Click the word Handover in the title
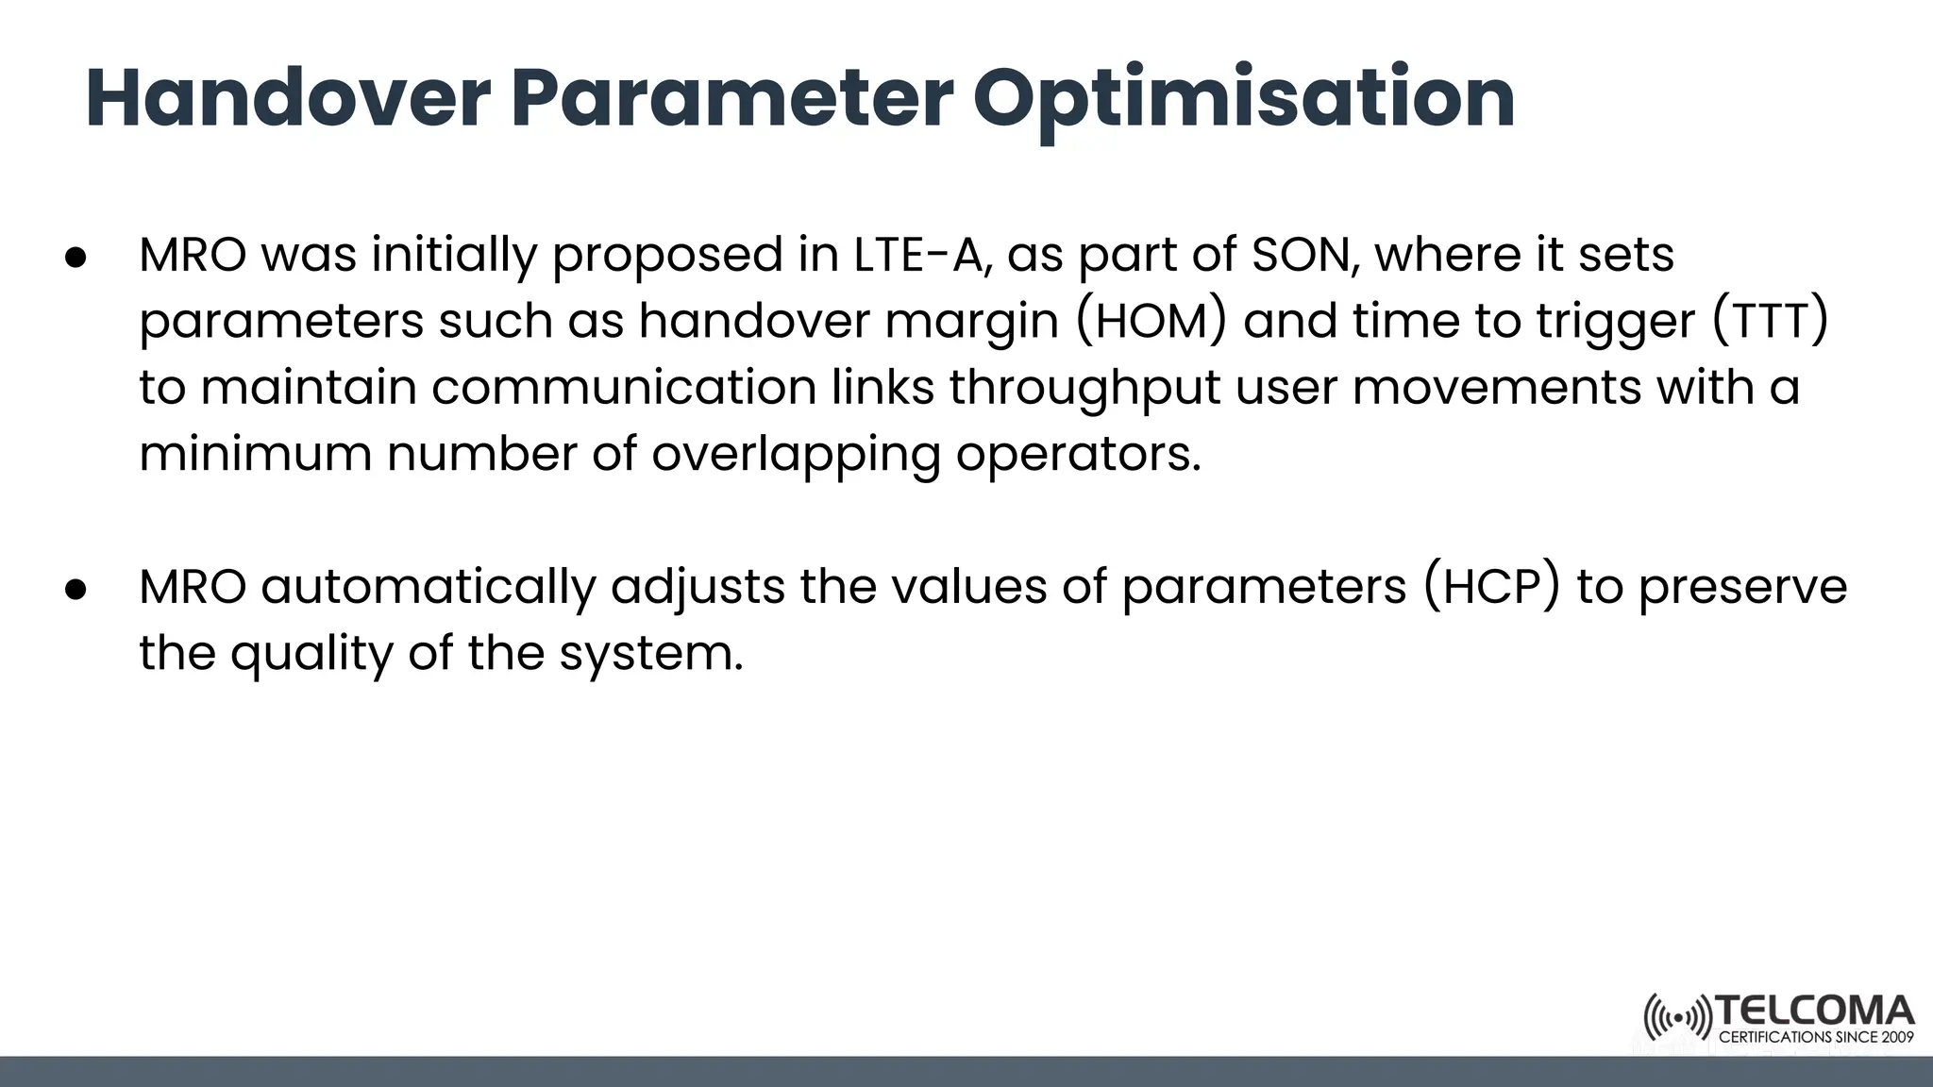point(288,99)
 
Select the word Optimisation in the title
point(1244,99)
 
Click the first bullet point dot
point(76,258)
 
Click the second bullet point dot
point(76,589)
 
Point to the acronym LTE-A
point(922,256)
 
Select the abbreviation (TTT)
point(1771,322)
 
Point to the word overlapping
point(796,455)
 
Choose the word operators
point(1079,455)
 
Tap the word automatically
point(428,587)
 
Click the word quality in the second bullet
point(311,654)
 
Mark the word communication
point(624,389)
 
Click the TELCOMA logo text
point(1814,1012)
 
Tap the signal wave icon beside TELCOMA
point(1677,1018)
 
